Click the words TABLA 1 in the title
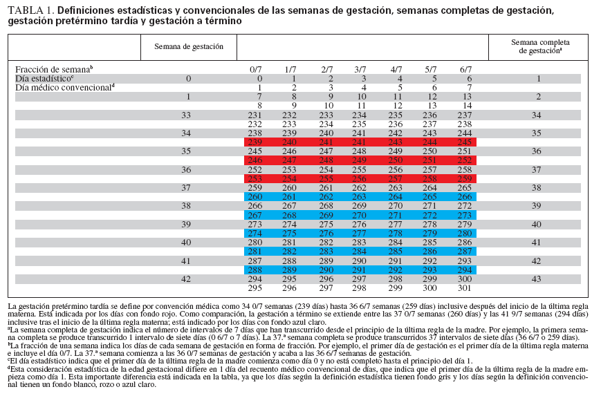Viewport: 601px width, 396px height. (x=30, y=11)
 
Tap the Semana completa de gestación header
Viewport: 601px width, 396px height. (x=536, y=46)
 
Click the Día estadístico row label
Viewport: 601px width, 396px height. (x=45, y=79)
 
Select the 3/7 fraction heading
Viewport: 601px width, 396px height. (x=360, y=70)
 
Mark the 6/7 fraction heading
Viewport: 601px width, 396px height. (x=466, y=70)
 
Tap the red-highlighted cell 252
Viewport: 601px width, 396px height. (x=466, y=160)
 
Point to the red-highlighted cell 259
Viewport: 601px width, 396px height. (x=466, y=178)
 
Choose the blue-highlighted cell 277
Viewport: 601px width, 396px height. (x=360, y=233)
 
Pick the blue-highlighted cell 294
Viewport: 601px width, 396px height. (x=466, y=270)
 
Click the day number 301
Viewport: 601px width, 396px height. (x=466, y=287)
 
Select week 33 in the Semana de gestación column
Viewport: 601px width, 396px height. (x=185, y=115)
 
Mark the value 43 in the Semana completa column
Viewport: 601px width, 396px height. (x=536, y=279)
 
